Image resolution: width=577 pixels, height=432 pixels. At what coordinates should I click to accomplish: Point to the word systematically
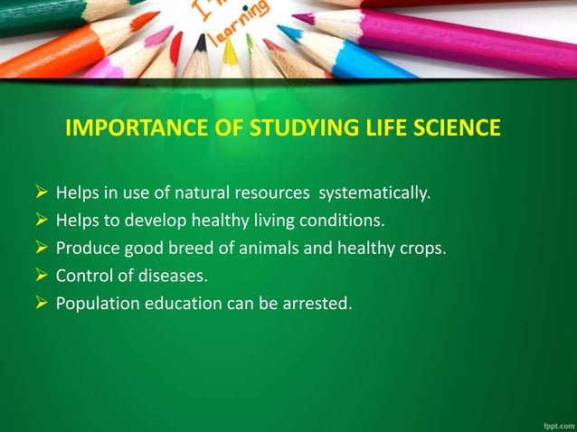click(374, 193)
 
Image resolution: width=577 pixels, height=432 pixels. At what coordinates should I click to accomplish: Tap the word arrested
click(317, 303)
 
